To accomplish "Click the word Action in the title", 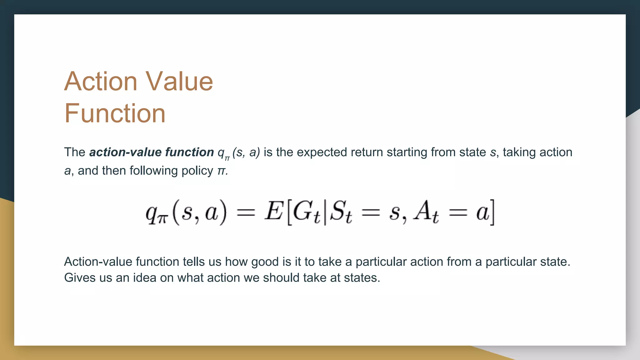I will (x=101, y=81).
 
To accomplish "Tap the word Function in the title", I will (x=115, y=113).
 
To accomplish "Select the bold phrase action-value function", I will (x=152, y=152).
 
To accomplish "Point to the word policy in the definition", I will (x=197, y=171).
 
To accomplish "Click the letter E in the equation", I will (x=274, y=211).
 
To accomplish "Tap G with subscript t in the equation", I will (x=306, y=212).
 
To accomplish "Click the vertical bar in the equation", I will (x=325, y=212).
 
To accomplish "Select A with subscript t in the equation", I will (x=426, y=212).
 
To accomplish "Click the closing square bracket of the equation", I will (x=492, y=212).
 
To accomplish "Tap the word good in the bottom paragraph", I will (x=265, y=262).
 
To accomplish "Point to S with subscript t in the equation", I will (x=341, y=212).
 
